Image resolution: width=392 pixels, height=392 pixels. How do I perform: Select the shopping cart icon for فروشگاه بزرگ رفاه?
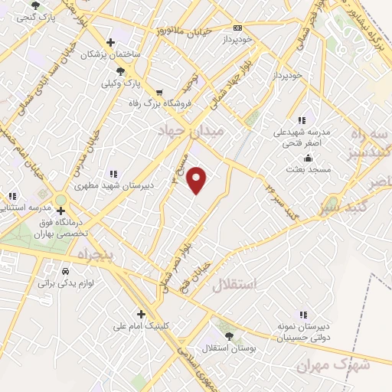pos(159,92)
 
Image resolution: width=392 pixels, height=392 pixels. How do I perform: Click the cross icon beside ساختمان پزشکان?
pos(111,42)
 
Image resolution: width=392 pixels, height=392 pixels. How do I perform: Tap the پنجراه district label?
pos(95,253)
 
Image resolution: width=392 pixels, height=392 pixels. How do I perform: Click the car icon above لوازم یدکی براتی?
pos(65,271)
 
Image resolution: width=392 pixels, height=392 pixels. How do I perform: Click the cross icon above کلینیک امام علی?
pos(141,314)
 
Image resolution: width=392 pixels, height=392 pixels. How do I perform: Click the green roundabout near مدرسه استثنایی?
pos(60,200)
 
